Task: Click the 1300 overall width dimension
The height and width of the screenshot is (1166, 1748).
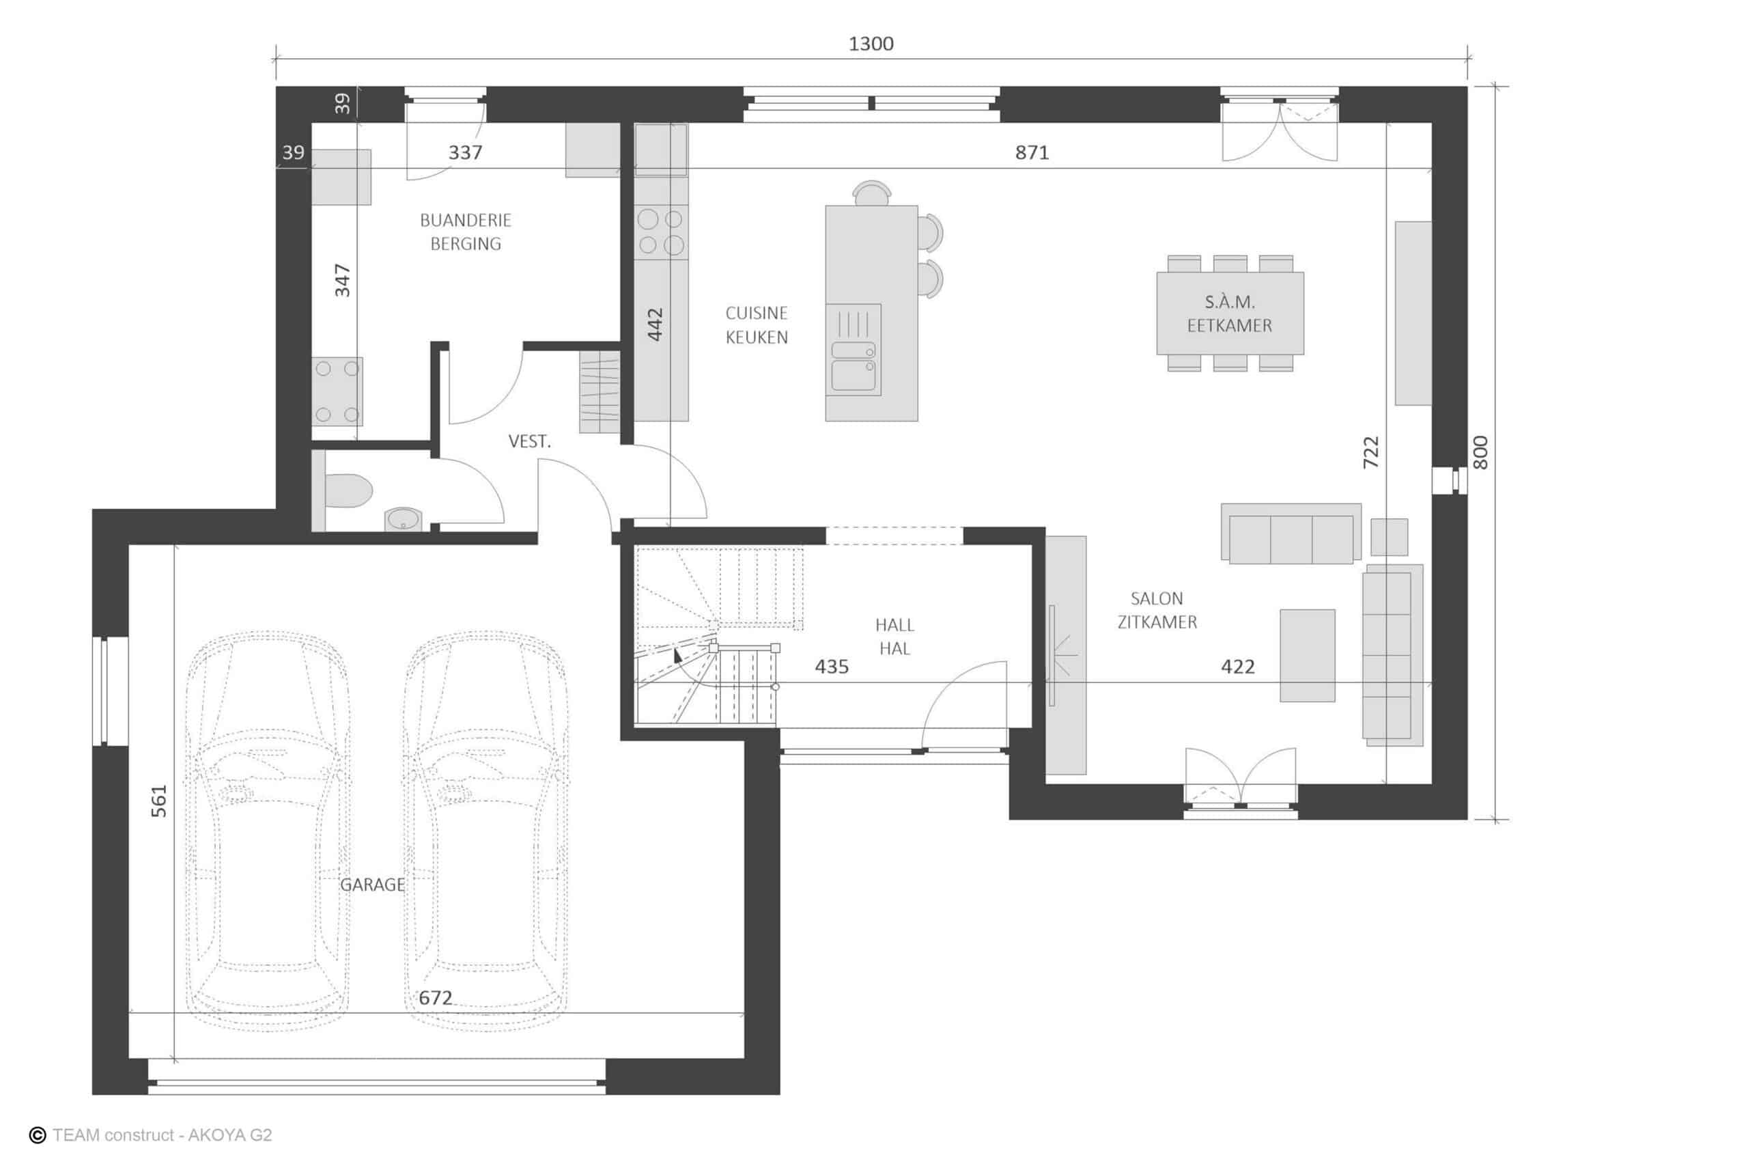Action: click(x=871, y=44)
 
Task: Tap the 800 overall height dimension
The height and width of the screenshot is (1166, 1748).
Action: click(x=1480, y=452)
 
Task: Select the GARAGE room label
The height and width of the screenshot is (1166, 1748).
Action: click(x=372, y=885)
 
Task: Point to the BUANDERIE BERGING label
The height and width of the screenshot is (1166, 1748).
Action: click(x=466, y=232)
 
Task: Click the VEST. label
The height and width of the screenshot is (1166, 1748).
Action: click(x=529, y=442)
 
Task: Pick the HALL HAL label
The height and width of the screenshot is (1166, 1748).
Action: click(x=894, y=637)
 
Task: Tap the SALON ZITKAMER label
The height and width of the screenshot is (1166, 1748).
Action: click(x=1157, y=611)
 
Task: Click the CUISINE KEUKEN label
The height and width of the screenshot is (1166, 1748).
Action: click(x=757, y=325)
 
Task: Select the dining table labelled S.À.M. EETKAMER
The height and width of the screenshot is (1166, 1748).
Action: click(x=1230, y=313)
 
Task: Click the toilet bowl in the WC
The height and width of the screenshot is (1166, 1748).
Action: click(x=348, y=492)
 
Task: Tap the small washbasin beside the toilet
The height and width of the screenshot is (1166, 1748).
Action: click(x=404, y=519)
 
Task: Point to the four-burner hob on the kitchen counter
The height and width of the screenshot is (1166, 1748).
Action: click(x=661, y=232)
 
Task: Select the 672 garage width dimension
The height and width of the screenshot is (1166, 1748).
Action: click(x=436, y=998)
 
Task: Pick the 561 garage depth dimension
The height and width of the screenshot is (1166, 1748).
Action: click(x=159, y=801)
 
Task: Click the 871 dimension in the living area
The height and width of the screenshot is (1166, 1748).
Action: click(x=1032, y=152)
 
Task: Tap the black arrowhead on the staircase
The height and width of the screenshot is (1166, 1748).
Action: click(x=677, y=654)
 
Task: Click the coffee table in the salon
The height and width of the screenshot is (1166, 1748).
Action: click(x=1308, y=655)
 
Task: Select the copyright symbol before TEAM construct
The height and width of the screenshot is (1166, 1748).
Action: click(x=37, y=1135)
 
